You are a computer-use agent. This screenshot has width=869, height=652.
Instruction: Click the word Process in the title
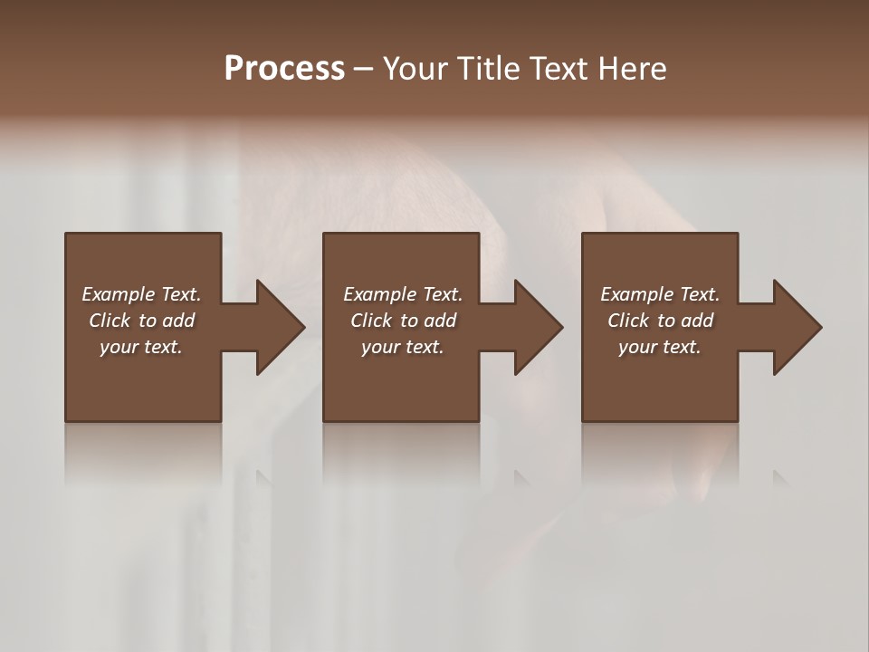(x=284, y=69)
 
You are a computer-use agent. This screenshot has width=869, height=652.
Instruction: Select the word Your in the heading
(x=415, y=69)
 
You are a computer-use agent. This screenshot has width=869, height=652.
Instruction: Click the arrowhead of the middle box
(x=538, y=327)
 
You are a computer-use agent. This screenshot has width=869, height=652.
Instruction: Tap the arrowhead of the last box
(x=797, y=327)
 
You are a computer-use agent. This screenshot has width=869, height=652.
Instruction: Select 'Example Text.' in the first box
(x=142, y=294)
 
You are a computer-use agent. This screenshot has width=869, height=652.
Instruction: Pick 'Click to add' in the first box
(x=142, y=321)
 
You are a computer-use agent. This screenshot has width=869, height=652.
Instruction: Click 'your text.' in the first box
(x=142, y=347)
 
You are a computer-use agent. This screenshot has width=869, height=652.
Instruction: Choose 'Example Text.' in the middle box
(x=403, y=294)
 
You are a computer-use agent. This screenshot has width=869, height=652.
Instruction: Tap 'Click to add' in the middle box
(x=403, y=321)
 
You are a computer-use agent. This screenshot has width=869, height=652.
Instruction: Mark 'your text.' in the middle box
(x=403, y=347)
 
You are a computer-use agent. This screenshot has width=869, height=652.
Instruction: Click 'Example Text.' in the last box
(x=660, y=294)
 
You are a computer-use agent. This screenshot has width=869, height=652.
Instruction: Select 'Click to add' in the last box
(x=660, y=321)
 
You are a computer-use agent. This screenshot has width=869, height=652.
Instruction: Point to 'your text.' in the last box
(x=660, y=347)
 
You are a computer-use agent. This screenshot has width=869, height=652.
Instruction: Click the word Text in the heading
(x=560, y=69)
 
